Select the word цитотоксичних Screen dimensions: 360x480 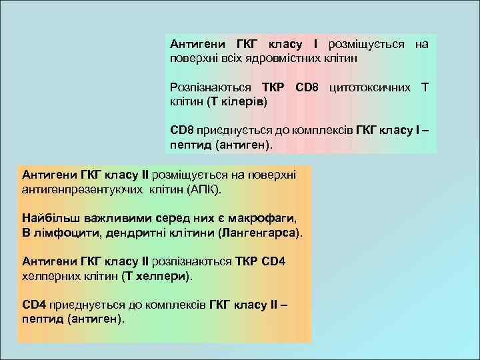coord(369,87)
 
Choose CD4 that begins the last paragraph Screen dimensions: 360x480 coord(33,305)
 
